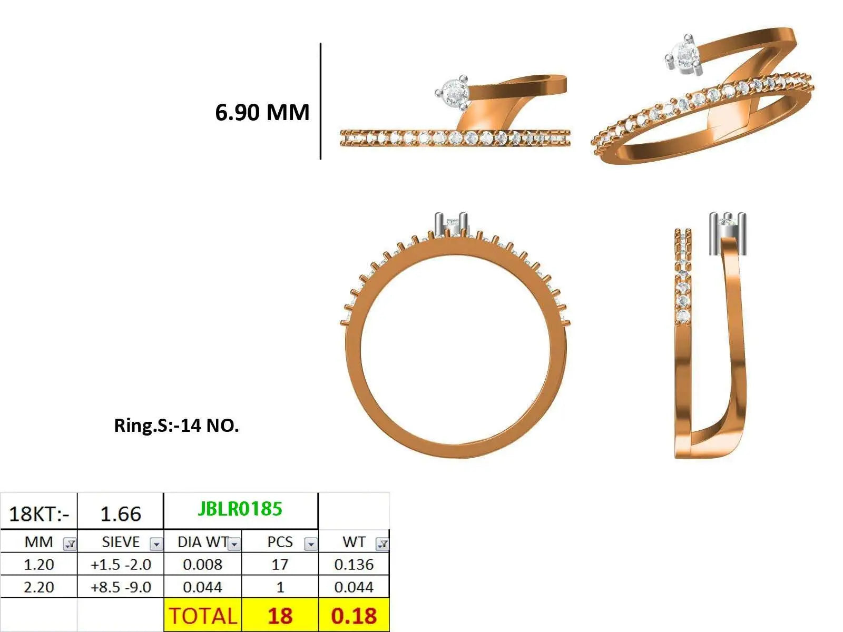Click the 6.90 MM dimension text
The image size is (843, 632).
[262, 112]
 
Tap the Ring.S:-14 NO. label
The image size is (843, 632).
[177, 426]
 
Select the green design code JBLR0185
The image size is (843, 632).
[240, 509]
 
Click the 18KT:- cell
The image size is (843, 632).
[39, 514]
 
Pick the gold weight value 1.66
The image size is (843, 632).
[121, 514]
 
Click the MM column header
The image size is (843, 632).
[39, 542]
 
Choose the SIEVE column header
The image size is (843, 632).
[121, 542]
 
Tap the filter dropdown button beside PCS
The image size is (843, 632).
[311, 544]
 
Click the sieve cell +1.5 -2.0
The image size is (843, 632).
[121, 565]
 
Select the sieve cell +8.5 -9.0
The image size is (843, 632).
[121, 587]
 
